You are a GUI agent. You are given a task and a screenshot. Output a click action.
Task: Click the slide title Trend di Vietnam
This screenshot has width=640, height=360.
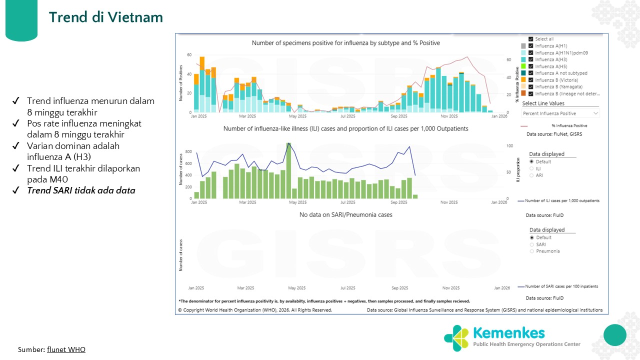click(x=106, y=17)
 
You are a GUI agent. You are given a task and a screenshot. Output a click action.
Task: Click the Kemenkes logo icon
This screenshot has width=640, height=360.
click(x=456, y=338)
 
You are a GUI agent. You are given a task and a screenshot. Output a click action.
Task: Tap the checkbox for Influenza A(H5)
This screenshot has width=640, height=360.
click(x=531, y=66)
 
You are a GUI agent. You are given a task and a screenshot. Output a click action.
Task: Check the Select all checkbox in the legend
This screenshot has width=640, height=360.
click(x=531, y=39)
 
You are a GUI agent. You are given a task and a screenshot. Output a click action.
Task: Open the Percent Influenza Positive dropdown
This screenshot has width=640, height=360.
click(x=560, y=113)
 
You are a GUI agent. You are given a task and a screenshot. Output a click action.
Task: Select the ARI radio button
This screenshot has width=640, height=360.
click(x=532, y=175)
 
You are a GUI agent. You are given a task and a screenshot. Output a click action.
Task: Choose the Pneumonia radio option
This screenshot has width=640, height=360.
click(x=532, y=251)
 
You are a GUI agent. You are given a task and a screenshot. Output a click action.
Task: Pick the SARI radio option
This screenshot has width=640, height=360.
click(x=532, y=244)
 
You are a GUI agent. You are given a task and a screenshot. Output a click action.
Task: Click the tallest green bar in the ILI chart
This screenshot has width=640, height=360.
click(x=289, y=170)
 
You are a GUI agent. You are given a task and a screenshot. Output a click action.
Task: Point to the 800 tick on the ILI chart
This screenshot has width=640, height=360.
click(x=188, y=151)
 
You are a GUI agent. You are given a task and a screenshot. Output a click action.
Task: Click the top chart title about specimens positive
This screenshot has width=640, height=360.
click(x=345, y=43)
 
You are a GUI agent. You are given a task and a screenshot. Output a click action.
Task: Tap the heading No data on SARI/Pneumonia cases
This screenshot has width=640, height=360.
click(x=345, y=214)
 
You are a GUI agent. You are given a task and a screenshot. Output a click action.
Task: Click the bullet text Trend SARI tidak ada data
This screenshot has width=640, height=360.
click(x=81, y=190)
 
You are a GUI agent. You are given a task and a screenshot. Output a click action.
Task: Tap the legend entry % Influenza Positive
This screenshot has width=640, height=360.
click(x=569, y=126)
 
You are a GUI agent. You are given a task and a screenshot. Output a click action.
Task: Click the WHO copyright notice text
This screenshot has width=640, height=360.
click(x=255, y=310)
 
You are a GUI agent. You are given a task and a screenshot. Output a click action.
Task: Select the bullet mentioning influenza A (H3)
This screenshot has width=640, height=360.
click(x=73, y=151)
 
